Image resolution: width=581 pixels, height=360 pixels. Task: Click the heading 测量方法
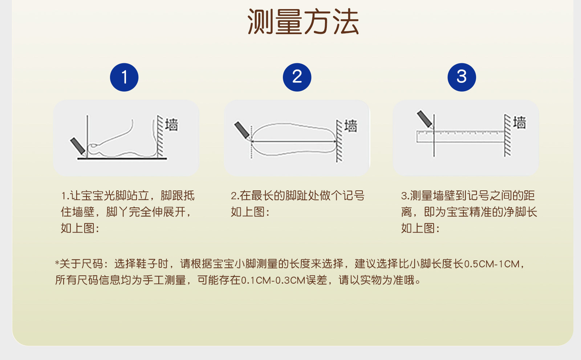[303, 21]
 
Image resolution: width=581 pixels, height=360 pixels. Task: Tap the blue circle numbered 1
[124, 77]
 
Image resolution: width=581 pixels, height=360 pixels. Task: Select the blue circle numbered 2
[297, 77]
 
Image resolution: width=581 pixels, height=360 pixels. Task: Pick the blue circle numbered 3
[462, 77]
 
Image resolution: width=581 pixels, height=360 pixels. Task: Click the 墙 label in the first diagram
[172, 125]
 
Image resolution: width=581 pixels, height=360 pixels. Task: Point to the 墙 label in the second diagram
[351, 126]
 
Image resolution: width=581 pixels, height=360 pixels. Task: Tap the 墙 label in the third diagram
[520, 122]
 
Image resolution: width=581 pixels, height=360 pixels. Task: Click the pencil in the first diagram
[78, 146]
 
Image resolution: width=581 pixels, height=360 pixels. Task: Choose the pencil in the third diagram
[425, 119]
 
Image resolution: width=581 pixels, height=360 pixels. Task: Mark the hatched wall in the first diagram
[160, 136]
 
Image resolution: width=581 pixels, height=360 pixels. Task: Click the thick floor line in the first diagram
[122, 158]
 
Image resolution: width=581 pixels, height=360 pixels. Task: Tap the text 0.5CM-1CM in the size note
[491, 264]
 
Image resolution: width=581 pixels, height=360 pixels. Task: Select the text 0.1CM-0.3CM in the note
[273, 280]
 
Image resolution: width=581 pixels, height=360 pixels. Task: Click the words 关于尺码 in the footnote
[81, 264]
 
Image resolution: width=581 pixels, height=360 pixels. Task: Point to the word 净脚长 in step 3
[520, 212]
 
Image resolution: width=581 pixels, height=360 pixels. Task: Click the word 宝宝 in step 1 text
[92, 196]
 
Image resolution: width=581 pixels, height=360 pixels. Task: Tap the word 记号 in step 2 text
[354, 196]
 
